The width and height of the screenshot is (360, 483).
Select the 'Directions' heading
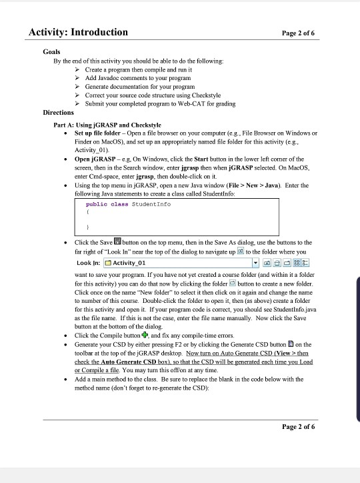point(58,113)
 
